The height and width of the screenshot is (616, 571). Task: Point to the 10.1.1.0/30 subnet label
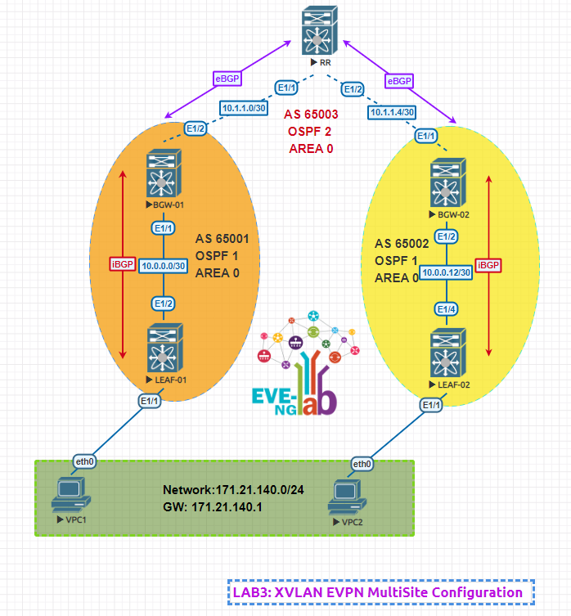click(244, 107)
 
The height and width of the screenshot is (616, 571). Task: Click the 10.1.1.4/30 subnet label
click(393, 112)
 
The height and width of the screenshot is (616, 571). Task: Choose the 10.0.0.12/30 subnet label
click(446, 272)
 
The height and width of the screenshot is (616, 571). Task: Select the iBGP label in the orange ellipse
click(122, 264)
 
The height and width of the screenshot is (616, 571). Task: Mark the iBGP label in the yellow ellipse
click(488, 266)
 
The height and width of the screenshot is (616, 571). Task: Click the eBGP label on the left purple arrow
click(227, 79)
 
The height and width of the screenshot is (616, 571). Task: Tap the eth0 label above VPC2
click(362, 465)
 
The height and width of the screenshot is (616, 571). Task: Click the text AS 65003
click(312, 115)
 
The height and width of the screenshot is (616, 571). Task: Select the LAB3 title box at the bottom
click(380, 592)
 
